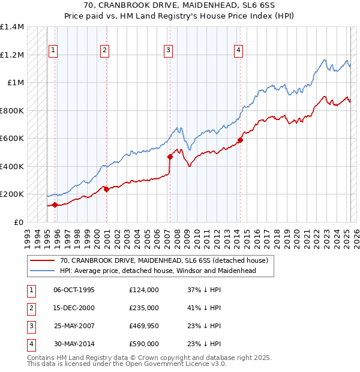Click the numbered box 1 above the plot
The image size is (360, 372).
click(x=54, y=50)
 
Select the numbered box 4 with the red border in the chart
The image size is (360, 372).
click(x=239, y=50)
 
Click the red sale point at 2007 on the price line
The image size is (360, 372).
click(x=170, y=157)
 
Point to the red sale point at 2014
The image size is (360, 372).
click(x=240, y=140)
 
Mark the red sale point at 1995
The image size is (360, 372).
click(x=55, y=205)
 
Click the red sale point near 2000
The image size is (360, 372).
click(x=106, y=190)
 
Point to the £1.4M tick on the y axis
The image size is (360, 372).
click(x=12, y=27)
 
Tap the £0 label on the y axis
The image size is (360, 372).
click(x=18, y=222)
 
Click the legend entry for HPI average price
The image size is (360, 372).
click(x=158, y=271)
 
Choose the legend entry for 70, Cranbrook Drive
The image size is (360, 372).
click(x=163, y=261)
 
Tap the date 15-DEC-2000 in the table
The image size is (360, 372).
click(x=74, y=308)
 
